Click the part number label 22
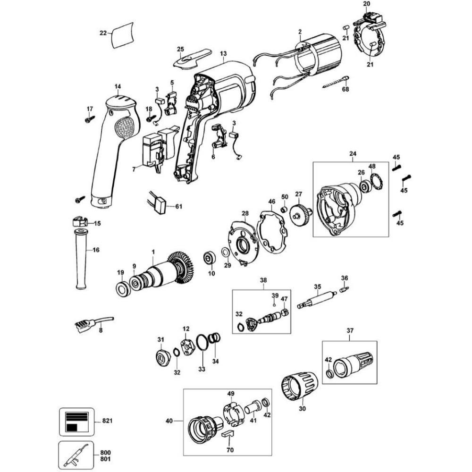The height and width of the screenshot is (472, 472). point(103,33)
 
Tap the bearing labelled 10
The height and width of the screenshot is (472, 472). point(209,259)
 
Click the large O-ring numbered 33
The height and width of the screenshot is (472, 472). point(202,343)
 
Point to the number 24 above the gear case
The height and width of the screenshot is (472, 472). point(353,153)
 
